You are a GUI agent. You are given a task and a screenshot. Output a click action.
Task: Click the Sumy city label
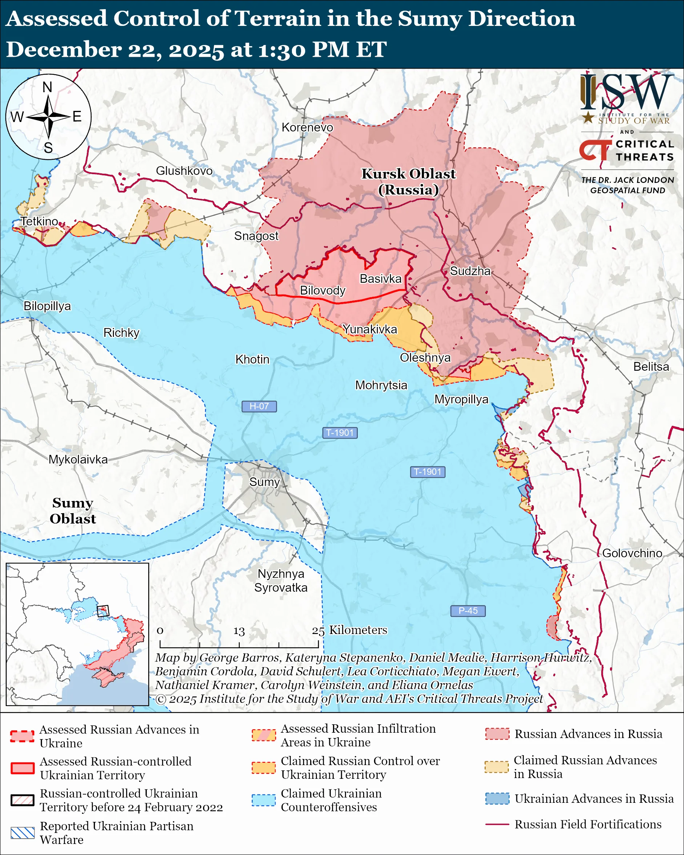click(x=264, y=482)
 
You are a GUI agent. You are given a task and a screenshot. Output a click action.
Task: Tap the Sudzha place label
click(x=470, y=271)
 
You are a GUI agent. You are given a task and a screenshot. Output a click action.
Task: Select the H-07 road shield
click(x=259, y=407)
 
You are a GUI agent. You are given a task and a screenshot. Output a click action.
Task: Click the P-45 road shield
click(x=468, y=611)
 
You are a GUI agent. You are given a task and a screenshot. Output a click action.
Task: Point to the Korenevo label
click(x=307, y=127)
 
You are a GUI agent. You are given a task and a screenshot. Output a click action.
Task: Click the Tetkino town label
click(x=39, y=221)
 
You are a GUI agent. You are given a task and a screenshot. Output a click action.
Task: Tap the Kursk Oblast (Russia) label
click(x=408, y=182)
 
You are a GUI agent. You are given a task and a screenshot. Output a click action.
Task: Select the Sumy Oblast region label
click(x=72, y=511)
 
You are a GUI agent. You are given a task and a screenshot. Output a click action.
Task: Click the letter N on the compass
click(x=48, y=87)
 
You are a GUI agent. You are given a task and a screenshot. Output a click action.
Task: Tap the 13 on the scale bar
click(x=239, y=631)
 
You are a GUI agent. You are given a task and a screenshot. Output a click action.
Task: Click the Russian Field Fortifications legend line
click(x=497, y=825)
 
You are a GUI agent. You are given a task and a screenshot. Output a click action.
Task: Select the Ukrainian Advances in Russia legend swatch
click(x=497, y=799)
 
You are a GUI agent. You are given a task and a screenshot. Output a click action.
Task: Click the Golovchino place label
click(x=632, y=553)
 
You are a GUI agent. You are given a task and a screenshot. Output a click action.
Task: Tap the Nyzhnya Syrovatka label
click(x=281, y=581)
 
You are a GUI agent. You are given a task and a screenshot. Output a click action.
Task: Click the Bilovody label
click(x=322, y=291)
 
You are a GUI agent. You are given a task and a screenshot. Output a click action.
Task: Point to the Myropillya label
click(x=461, y=399)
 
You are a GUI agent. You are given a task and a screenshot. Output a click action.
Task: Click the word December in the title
click(x=63, y=50)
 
